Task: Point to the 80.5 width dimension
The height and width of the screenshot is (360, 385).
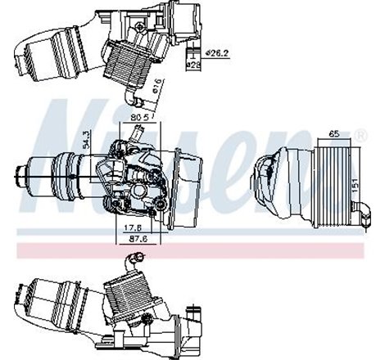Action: pos(142,118)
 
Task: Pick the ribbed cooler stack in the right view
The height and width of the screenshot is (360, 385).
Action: pos(332,178)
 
